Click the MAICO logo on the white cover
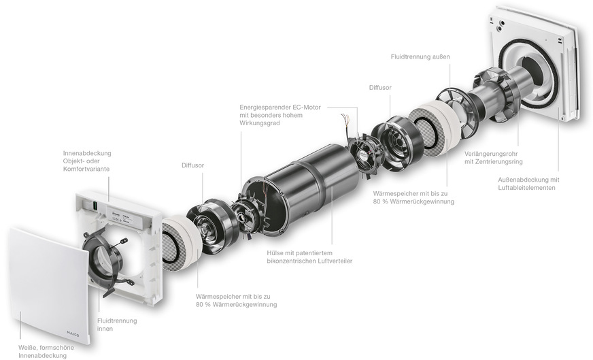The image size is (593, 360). [x=73, y=333]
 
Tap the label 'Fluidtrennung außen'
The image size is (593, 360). [x=420, y=56]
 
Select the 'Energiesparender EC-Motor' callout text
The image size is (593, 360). [x=280, y=107]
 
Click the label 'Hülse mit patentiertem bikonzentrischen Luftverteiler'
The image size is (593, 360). [x=309, y=257]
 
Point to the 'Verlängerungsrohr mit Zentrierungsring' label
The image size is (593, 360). [x=494, y=158]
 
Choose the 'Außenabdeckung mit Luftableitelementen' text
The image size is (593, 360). [x=528, y=184]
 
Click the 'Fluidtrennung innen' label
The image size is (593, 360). [x=117, y=325]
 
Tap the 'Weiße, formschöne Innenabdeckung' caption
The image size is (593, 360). [x=46, y=351]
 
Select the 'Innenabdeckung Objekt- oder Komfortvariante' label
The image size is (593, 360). [x=87, y=161]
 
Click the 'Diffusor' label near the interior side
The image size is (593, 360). [x=192, y=165]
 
